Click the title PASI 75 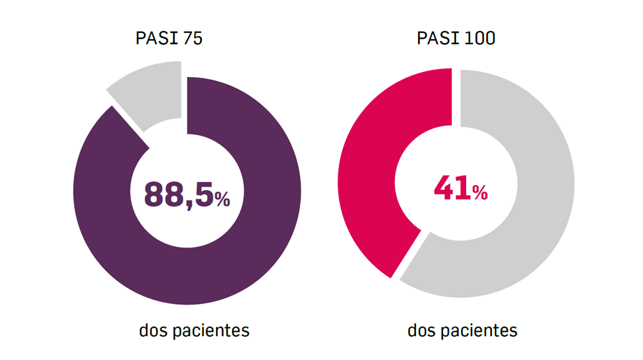click(x=169, y=39)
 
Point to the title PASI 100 click(x=456, y=39)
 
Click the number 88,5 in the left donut click(x=177, y=194)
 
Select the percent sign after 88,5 click(x=222, y=200)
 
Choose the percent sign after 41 click(x=480, y=192)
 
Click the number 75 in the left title click(x=193, y=39)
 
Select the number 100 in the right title click(x=480, y=39)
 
